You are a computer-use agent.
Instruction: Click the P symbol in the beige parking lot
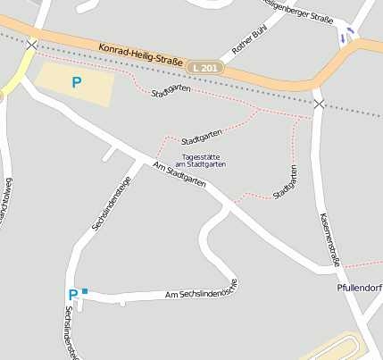tap(77, 83)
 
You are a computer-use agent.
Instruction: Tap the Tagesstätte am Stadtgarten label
tap(200, 161)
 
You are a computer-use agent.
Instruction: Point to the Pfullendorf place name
tap(360, 288)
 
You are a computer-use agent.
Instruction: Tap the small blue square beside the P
tap(85, 290)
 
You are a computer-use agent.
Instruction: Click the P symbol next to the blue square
tap(72, 294)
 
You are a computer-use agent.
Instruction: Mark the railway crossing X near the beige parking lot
tap(32, 44)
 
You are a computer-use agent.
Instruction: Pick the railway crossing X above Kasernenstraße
tap(319, 105)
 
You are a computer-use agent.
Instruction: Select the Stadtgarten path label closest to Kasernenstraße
tap(286, 180)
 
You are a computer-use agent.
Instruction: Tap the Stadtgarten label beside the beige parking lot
tap(171, 92)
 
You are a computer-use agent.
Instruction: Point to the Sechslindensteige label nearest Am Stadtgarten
tap(112, 203)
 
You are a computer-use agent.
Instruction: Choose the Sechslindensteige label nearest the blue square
tap(68, 331)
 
